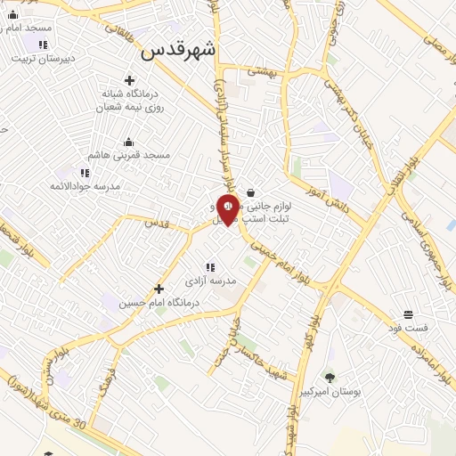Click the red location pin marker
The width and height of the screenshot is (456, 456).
228,208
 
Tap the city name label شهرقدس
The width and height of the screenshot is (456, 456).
178,51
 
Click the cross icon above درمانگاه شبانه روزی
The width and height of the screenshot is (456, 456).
129,80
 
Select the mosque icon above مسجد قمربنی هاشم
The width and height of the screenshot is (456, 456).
128,142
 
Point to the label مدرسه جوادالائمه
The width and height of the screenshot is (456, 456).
84,186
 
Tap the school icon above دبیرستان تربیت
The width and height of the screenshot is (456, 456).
42,44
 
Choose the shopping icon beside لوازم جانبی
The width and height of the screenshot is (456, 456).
250,192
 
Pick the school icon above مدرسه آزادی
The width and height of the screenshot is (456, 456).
210,266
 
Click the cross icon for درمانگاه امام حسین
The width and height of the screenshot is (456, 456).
159,289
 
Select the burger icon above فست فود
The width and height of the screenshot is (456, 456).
408,314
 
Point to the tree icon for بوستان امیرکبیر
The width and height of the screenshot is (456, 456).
330,378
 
